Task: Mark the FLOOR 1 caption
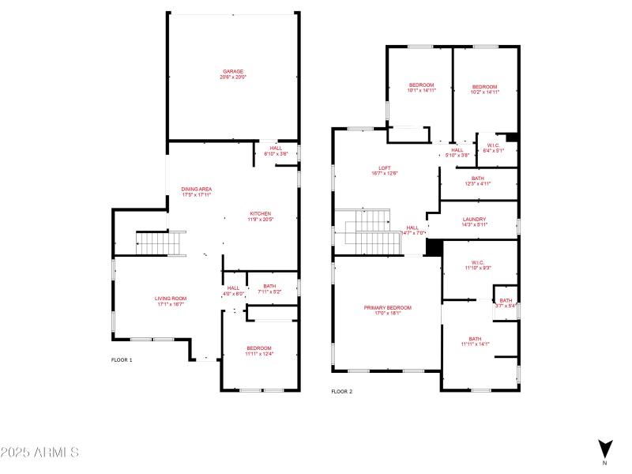pos(122,360)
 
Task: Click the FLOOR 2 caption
pos(341,391)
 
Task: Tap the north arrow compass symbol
pos(604,448)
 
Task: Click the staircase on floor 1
pos(161,243)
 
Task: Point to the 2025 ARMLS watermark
pos(39,453)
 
